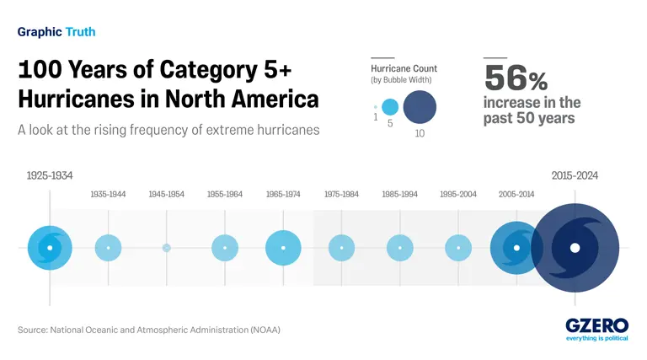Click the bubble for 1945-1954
pyautogui.click(x=167, y=248)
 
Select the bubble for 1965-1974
pyautogui.click(x=283, y=248)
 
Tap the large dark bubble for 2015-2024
pyautogui.click(x=575, y=248)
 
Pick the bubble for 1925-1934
pyautogui.click(x=50, y=248)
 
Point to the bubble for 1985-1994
pyautogui.click(x=400, y=248)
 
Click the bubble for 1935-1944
pyautogui.click(x=108, y=248)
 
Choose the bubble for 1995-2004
pyautogui.click(x=458, y=248)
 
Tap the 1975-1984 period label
pyautogui.click(x=341, y=195)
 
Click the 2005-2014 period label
pyautogui.click(x=516, y=195)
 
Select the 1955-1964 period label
pyautogui.click(x=225, y=195)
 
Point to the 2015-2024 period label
pyautogui.click(x=575, y=175)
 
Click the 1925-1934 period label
pyautogui.click(x=50, y=175)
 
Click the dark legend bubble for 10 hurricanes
pyautogui.click(x=420, y=108)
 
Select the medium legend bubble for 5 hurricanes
pyautogui.click(x=390, y=108)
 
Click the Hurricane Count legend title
pyautogui.click(x=404, y=68)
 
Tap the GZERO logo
pyautogui.click(x=596, y=325)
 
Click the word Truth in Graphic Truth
pyautogui.click(x=80, y=32)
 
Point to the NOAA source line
pyautogui.click(x=149, y=330)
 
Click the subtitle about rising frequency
pyautogui.click(x=168, y=131)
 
